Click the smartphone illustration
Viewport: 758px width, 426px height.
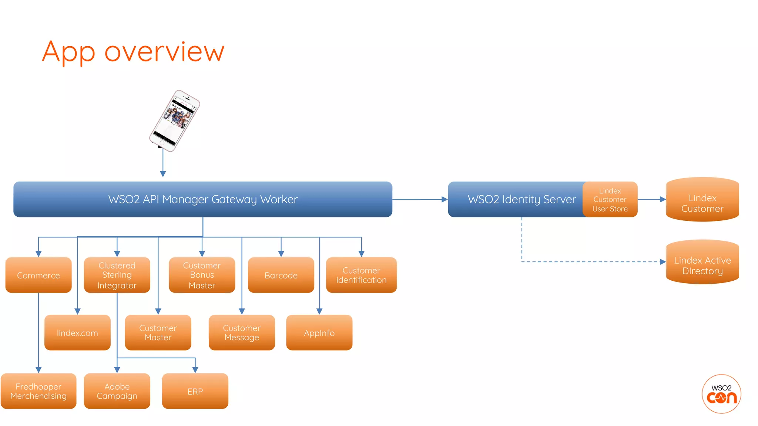tap(174, 121)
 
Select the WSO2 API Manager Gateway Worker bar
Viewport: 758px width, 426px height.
tap(203, 199)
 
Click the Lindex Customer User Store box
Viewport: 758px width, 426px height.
tap(610, 200)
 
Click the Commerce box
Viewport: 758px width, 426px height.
tap(38, 275)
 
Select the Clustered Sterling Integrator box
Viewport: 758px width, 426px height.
tap(117, 275)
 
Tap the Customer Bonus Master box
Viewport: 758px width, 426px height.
tap(202, 275)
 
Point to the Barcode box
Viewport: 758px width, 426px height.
tap(281, 275)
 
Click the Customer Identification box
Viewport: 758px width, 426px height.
tap(361, 275)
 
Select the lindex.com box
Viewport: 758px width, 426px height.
tap(77, 333)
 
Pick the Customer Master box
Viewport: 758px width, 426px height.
tap(158, 333)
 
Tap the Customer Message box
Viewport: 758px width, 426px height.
tap(242, 333)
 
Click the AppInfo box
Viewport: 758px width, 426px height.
tap(319, 333)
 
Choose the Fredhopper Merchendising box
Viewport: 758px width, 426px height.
tap(38, 391)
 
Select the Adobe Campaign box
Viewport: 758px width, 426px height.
tap(117, 391)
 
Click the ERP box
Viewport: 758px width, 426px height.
tap(195, 391)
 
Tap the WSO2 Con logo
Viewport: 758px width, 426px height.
tap(721, 394)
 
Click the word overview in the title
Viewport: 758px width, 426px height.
tap(164, 52)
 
